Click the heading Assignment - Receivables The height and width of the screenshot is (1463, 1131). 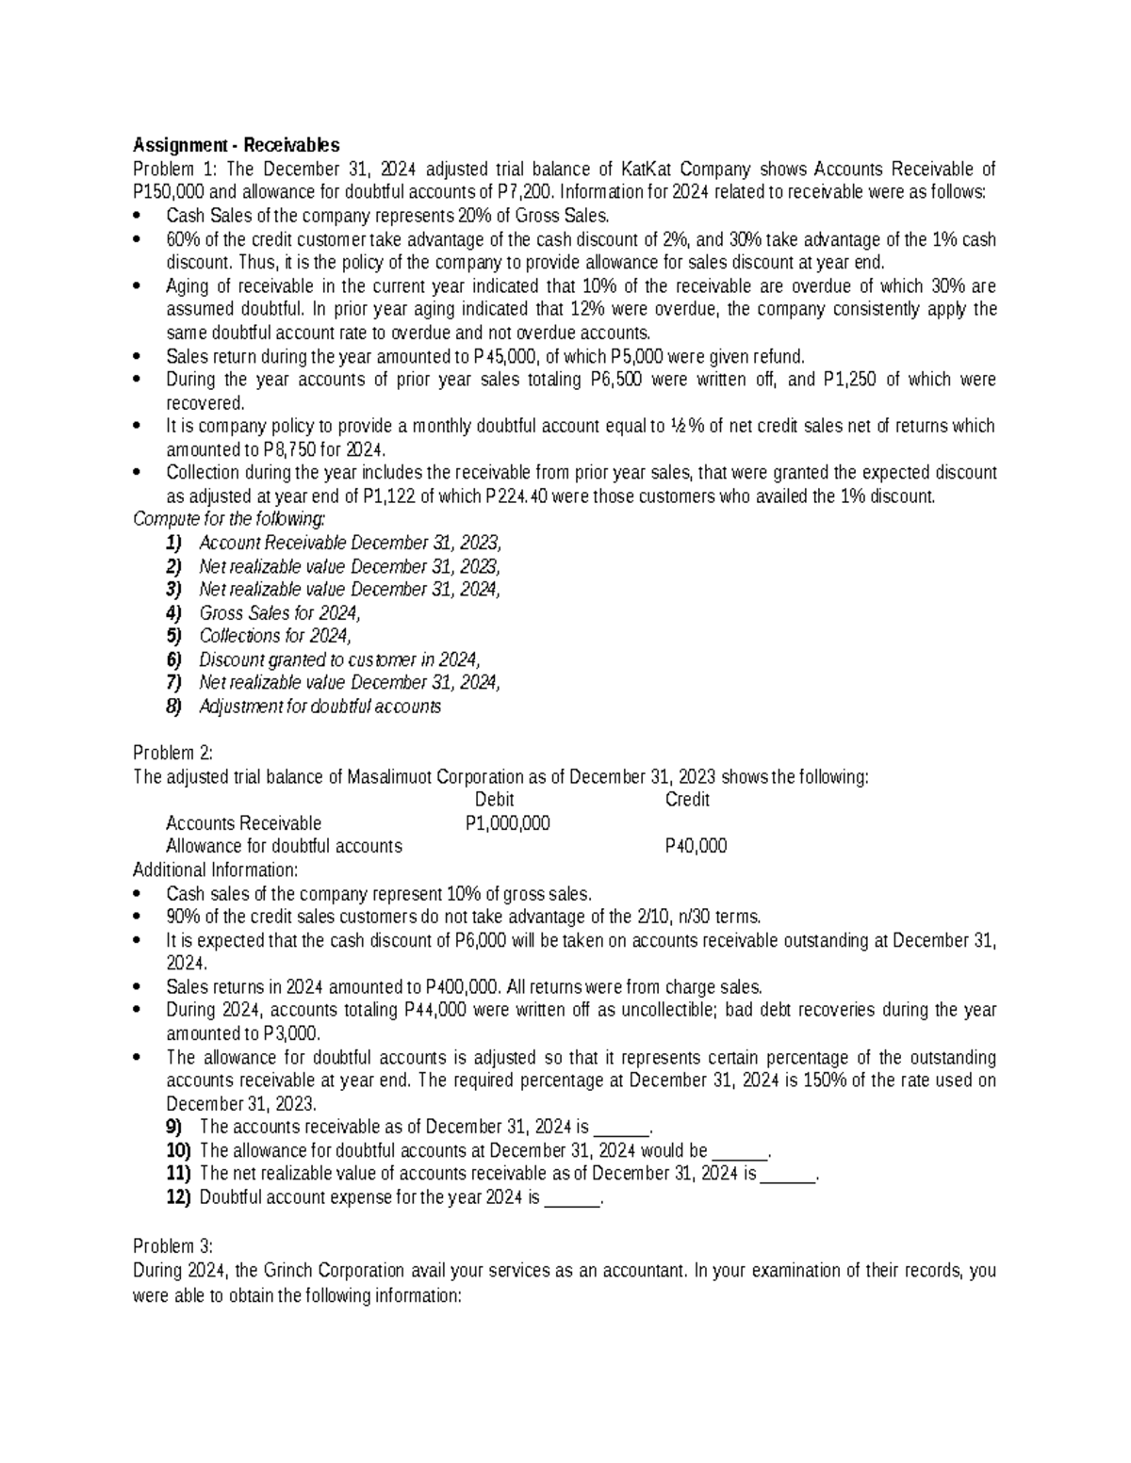pos(236,145)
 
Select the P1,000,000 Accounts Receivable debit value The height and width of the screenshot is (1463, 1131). pos(508,823)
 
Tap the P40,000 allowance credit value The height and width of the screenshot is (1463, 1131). pos(696,846)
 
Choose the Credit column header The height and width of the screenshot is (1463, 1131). pos(687,800)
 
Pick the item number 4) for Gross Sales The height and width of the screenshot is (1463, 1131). pos(173,612)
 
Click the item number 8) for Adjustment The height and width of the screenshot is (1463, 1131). pos(173,707)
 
